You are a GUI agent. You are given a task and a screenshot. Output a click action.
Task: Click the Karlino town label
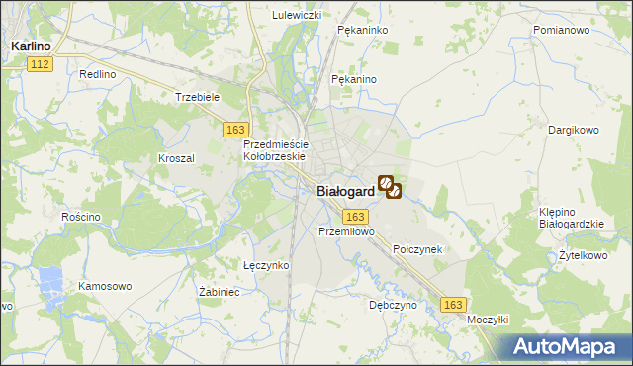pyautogui.click(x=31, y=46)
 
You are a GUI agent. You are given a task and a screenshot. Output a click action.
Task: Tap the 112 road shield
pyautogui.click(x=40, y=64)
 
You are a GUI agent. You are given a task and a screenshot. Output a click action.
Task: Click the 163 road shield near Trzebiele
pyautogui.click(x=235, y=130)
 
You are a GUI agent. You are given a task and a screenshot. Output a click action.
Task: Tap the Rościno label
pyautogui.click(x=81, y=217)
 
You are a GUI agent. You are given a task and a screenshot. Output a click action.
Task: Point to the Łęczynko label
pyautogui.click(x=266, y=265)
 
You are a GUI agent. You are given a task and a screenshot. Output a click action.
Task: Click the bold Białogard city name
pyautogui.click(x=345, y=192)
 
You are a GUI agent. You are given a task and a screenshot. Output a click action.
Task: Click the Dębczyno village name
pyautogui.click(x=393, y=306)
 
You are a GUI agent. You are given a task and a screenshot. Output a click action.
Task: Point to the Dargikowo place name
pyautogui.click(x=575, y=130)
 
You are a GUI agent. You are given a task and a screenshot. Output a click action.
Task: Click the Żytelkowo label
pyautogui.click(x=581, y=255)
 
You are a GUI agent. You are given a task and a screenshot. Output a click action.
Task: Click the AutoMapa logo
pyautogui.click(x=567, y=346)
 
